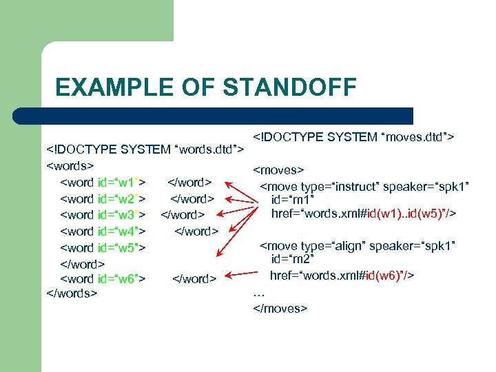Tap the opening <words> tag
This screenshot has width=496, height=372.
[x=70, y=166]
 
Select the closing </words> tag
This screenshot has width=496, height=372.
[x=72, y=293]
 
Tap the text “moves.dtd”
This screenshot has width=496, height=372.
[x=416, y=138]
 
